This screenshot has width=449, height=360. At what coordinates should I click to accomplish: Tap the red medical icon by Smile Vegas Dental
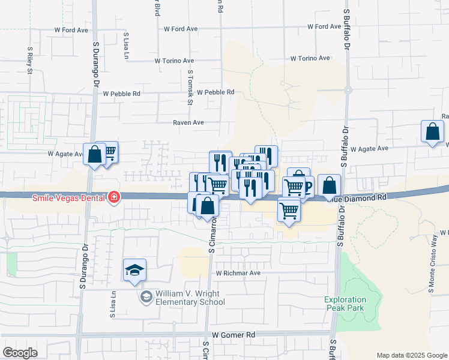coord(113,197)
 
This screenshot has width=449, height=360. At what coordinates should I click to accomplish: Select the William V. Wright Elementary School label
coord(190,298)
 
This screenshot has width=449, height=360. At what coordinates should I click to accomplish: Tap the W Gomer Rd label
coord(234,334)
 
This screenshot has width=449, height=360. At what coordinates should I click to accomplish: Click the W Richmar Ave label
coord(238,273)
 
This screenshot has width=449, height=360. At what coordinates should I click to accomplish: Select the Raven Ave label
coord(188,122)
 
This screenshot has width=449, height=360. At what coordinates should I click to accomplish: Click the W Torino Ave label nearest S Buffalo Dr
coord(310,58)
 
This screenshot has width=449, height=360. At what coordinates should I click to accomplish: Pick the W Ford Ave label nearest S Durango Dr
coord(72,29)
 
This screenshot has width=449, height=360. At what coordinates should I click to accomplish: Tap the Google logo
coord(20,353)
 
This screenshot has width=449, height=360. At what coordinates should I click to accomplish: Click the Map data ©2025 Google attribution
coord(411,355)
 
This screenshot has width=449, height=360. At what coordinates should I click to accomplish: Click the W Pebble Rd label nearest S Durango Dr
coord(121,94)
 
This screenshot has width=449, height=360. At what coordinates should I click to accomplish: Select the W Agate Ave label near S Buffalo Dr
coord(370,149)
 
